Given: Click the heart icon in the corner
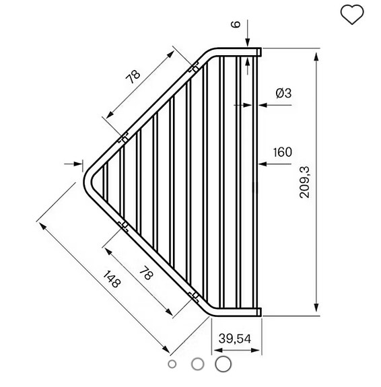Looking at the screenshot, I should coord(352,14).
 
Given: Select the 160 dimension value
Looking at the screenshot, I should coord(283,152).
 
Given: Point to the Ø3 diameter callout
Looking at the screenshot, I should coord(283,94).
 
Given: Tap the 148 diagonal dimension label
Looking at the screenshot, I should coord(112,278).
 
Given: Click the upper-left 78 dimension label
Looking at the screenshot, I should coord(134,76).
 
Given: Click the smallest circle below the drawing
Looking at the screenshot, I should coord(172,364).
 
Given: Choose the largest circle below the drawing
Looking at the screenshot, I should coord(223,363).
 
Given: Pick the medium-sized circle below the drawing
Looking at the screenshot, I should coord(197,363).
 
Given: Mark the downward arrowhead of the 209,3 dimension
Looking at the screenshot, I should coord(317,309).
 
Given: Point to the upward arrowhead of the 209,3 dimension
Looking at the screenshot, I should coord(317,54).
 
